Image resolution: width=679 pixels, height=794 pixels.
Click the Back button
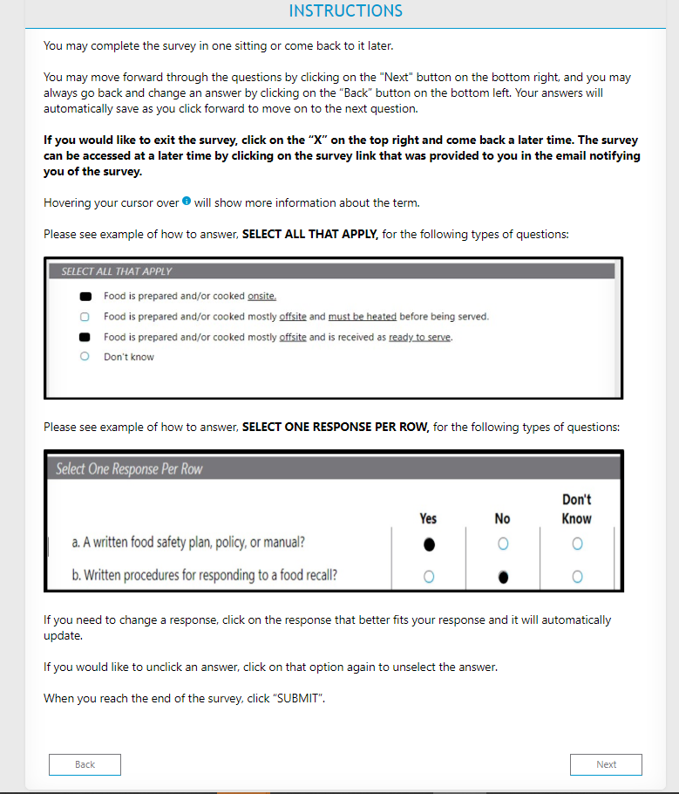[85, 764]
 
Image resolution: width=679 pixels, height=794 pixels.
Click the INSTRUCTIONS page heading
[345, 10]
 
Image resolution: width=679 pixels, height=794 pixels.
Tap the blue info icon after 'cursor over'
[187, 201]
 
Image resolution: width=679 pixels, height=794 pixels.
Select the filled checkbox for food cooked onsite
[85, 297]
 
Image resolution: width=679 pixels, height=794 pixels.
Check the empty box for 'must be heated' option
[85, 317]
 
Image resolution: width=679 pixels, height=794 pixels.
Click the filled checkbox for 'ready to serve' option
[85, 338]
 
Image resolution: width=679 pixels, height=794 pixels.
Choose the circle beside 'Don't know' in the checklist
[85, 357]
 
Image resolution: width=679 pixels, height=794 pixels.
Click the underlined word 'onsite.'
[261, 296]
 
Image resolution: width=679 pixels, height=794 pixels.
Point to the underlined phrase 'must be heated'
[363, 317]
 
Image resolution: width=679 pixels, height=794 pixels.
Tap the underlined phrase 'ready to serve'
[419, 338]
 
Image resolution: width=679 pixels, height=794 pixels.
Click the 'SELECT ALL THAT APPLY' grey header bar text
[117, 271]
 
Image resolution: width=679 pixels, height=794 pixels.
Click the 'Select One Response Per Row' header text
[129, 469]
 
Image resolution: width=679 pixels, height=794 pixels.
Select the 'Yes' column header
[428, 518]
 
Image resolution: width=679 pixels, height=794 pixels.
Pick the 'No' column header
[502, 518]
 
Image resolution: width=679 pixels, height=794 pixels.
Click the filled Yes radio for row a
[429, 544]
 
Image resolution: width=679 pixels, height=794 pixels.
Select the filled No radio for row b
[503, 577]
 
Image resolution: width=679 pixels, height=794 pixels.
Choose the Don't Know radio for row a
[577, 544]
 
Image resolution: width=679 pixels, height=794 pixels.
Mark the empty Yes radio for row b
[429, 577]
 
